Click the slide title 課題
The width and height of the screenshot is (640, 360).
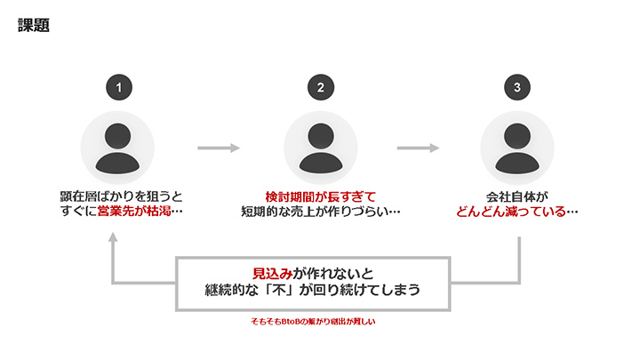pos(33,26)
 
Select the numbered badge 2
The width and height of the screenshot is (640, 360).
pos(321,87)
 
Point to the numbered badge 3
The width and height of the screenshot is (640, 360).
pos(518,87)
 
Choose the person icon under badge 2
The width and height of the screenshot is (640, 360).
pos(321,148)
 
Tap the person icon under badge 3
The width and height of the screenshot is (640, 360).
pos(518,148)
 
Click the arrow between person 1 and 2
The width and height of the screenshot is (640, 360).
pos(220,148)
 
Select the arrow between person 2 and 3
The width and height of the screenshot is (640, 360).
pos(419,148)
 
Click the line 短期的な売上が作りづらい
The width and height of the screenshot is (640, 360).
pos(321,212)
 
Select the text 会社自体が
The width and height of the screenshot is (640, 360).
pos(517,196)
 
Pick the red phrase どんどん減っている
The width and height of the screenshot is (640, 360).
pos(510,212)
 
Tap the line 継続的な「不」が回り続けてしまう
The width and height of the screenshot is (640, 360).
pos(313,292)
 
